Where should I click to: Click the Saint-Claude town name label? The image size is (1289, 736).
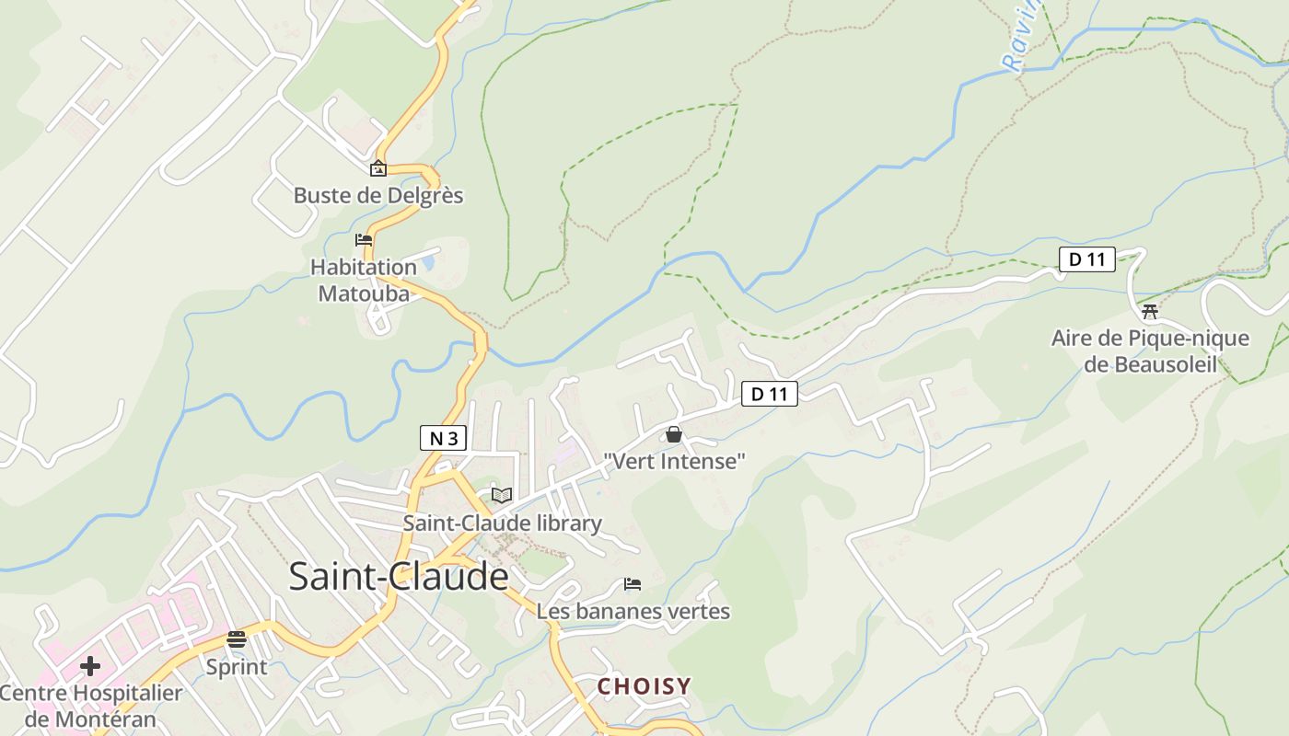pyautogui.click(x=398, y=577)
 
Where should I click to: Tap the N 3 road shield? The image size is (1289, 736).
pyautogui.click(x=443, y=438)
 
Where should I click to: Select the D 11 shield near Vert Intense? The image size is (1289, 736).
pyautogui.click(x=769, y=394)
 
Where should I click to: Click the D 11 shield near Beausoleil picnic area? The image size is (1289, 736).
pyautogui.click(x=1086, y=259)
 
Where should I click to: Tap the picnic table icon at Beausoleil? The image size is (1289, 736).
pyautogui.click(x=1149, y=311)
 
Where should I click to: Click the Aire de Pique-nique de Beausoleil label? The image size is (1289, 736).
pyautogui.click(x=1150, y=351)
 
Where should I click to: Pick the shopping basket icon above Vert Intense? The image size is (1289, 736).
pyautogui.click(x=674, y=434)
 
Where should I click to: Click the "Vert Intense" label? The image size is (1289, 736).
pyautogui.click(x=674, y=461)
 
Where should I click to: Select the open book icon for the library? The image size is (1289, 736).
pyautogui.click(x=501, y=495)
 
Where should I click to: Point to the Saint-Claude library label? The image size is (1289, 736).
pyautogui.click(x=502, y=523)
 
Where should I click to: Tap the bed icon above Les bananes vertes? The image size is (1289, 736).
pyautogui.click(x=632, y=583)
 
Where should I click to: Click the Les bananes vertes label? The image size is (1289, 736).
pyautogui.click(x=633, y=611)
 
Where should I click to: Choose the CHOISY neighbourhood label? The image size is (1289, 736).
pyautogui.click(x=644, y=686)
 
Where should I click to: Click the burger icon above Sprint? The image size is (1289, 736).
pyautogui.click(x=237, y=639)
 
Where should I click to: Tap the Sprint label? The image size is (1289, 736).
pyautogui.click(x=237, y=667)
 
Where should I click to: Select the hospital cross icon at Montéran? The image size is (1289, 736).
pyautogui.click(x=90, y=665)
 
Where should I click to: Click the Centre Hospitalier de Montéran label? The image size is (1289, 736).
pyautogui.click(x=90, y=706)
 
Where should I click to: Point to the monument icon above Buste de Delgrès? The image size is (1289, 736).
pyautogui.click(x=377, y=168)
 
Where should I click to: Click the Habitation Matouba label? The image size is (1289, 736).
pyautogui.click(x=364, y=280)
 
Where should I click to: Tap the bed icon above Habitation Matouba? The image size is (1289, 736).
pyautogui.click(x=364, y=240)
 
